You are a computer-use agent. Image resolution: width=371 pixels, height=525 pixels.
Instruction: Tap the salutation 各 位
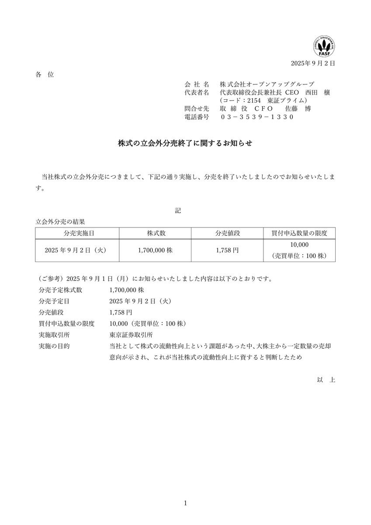point(44,74)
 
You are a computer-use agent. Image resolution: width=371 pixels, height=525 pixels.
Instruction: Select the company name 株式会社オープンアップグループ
point(267,84)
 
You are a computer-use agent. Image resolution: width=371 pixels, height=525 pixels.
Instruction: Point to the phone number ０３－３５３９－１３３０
point(257,117)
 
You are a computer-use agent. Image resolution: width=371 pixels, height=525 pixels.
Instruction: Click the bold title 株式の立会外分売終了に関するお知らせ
point(185,143)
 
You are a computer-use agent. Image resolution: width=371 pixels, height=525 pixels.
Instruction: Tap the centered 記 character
point(178,210)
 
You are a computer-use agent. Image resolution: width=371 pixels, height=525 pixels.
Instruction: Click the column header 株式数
point(156,233)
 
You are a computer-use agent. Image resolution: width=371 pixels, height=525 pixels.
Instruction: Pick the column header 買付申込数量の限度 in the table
point(299,233)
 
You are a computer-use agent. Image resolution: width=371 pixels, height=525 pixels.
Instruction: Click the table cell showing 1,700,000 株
point(156,251)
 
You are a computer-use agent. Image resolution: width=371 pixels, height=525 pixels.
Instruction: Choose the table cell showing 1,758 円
point(227,251)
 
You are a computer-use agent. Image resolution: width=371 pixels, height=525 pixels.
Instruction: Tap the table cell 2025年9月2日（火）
point(76,251)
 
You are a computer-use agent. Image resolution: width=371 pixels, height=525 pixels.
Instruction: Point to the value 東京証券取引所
point(131,335)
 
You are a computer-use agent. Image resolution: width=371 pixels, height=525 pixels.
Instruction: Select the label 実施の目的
point(54,346)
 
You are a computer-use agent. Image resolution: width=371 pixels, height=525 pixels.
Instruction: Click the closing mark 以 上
point(326,380)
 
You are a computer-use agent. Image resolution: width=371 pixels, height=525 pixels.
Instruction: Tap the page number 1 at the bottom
point(185,504)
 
